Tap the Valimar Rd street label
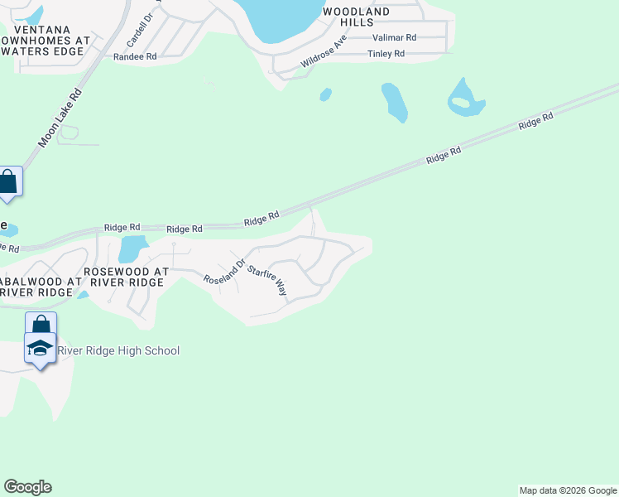394,37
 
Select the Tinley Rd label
386,54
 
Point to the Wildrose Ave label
324,51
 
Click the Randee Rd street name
135,57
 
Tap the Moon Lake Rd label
61,119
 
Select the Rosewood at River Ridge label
126,277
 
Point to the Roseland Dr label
225,271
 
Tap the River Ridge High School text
117,351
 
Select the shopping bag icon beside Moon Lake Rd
8,182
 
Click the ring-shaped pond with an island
465,99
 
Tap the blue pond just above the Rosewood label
132,248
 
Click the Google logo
27,487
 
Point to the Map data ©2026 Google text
568,490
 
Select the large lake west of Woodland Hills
281,18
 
